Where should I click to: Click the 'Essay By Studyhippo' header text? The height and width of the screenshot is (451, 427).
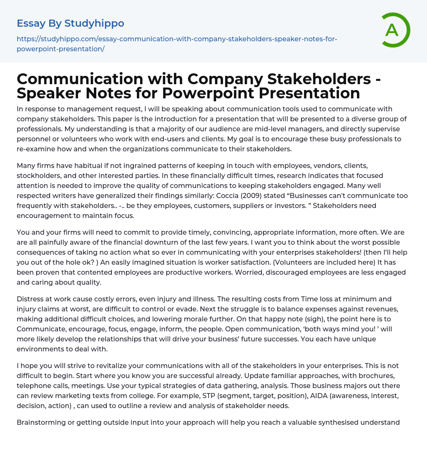point(70,23)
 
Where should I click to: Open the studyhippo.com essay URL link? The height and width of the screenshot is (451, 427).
point(177,44)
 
